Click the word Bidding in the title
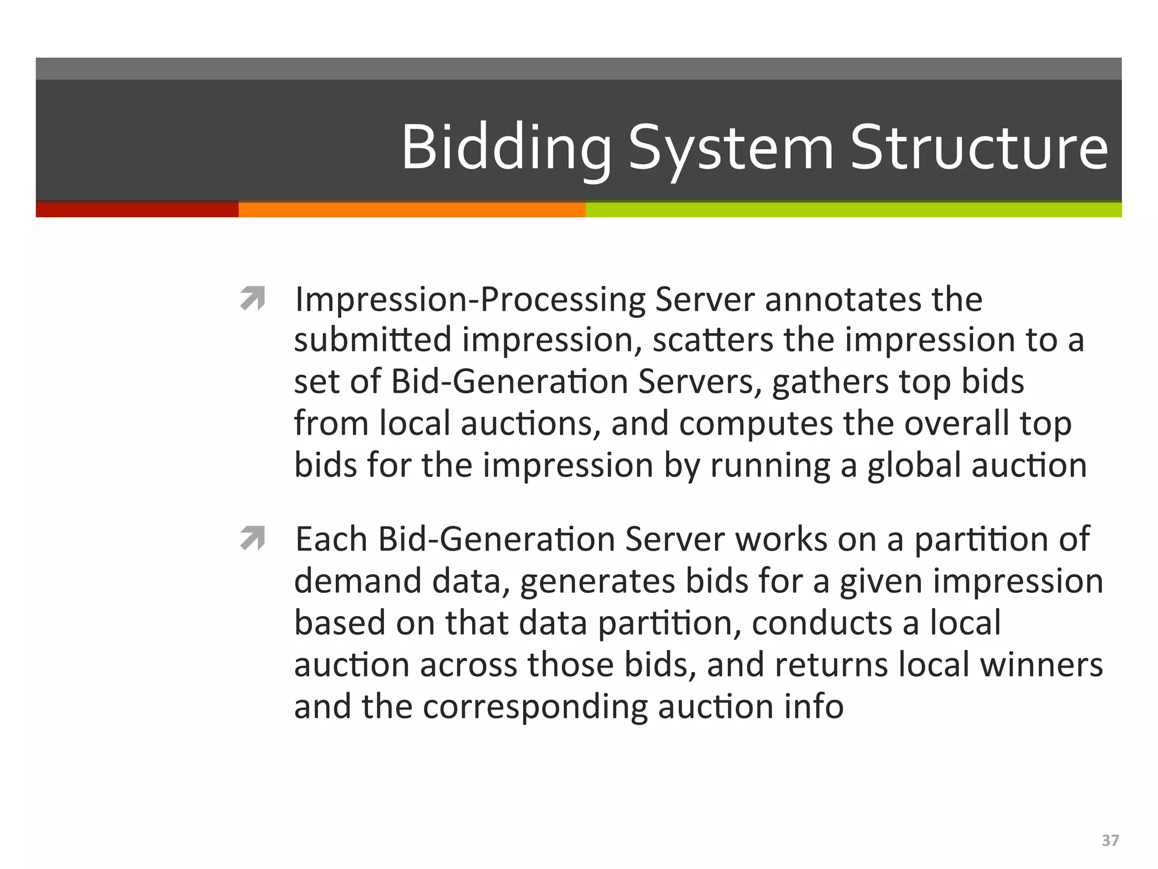(x=506, y=148)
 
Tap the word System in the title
(x=731, y=148)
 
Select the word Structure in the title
(x=979, y=148)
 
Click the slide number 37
(x=1110, y=841)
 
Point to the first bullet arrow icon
(x=252, y=299)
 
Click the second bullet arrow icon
(x=252, y=538)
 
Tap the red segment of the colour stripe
(x=137, y=210)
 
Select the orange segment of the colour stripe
(x=412, y=210)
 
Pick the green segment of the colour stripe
(x=853, y=210)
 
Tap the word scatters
(x=713, y=340)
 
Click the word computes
(x=756, y=424)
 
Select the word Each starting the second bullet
(x=331, y=539)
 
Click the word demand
(x=358, y=581)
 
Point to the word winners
(x=1041, y=665)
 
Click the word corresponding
(x=535, y=707)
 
